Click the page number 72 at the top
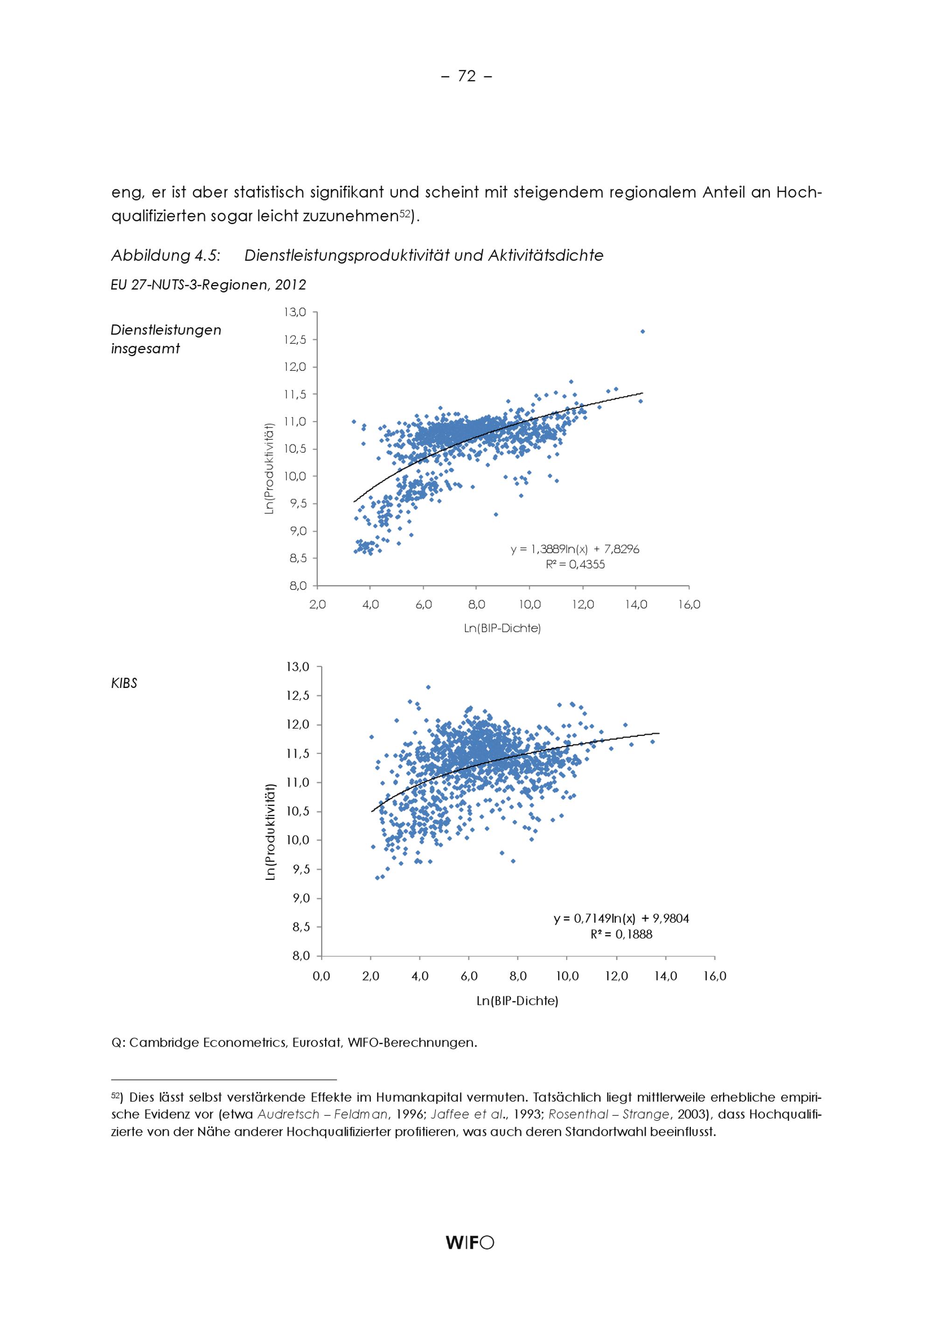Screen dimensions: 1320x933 coord(466,76)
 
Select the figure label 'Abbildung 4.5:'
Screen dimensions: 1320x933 coord(166,256)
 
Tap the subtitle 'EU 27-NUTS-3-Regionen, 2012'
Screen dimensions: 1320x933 coord(208,285)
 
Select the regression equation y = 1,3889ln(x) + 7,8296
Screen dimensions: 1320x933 coord(575,549)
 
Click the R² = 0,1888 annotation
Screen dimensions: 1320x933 coord(621,934)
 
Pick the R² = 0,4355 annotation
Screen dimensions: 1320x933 coord(575,564)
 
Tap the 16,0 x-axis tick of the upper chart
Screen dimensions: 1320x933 coord(689,605)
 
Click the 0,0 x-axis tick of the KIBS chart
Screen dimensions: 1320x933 coord(321,976)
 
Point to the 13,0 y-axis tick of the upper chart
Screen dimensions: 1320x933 coord(295,312)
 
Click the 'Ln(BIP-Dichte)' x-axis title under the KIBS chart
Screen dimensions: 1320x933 coord(517,1001)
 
